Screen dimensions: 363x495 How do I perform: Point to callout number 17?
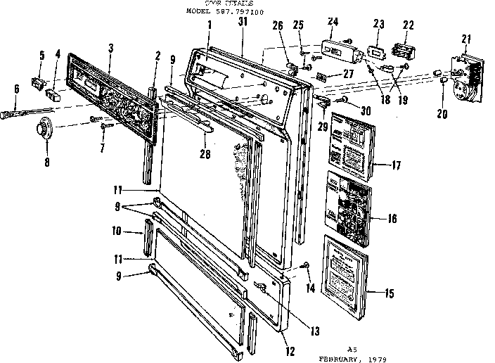coord(397,166)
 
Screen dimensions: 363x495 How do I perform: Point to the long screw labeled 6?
coord(28,111)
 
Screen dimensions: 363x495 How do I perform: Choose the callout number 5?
coord(41,54)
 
